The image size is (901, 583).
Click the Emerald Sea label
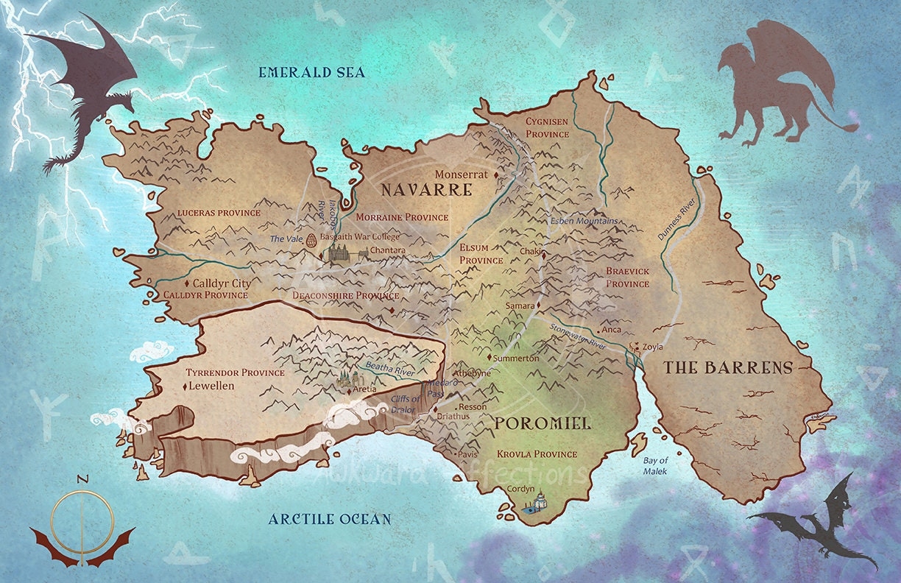311,72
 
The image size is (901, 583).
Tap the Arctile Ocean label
329,519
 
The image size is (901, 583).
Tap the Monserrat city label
461,175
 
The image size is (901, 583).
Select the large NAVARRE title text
425,190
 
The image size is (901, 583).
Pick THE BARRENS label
729,367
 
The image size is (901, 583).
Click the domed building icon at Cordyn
539,501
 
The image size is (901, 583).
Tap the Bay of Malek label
655,465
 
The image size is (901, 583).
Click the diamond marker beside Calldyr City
187,283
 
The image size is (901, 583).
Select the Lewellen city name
211,386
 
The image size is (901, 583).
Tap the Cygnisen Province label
547,127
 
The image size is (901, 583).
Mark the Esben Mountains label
584,221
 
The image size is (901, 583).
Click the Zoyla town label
652,347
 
